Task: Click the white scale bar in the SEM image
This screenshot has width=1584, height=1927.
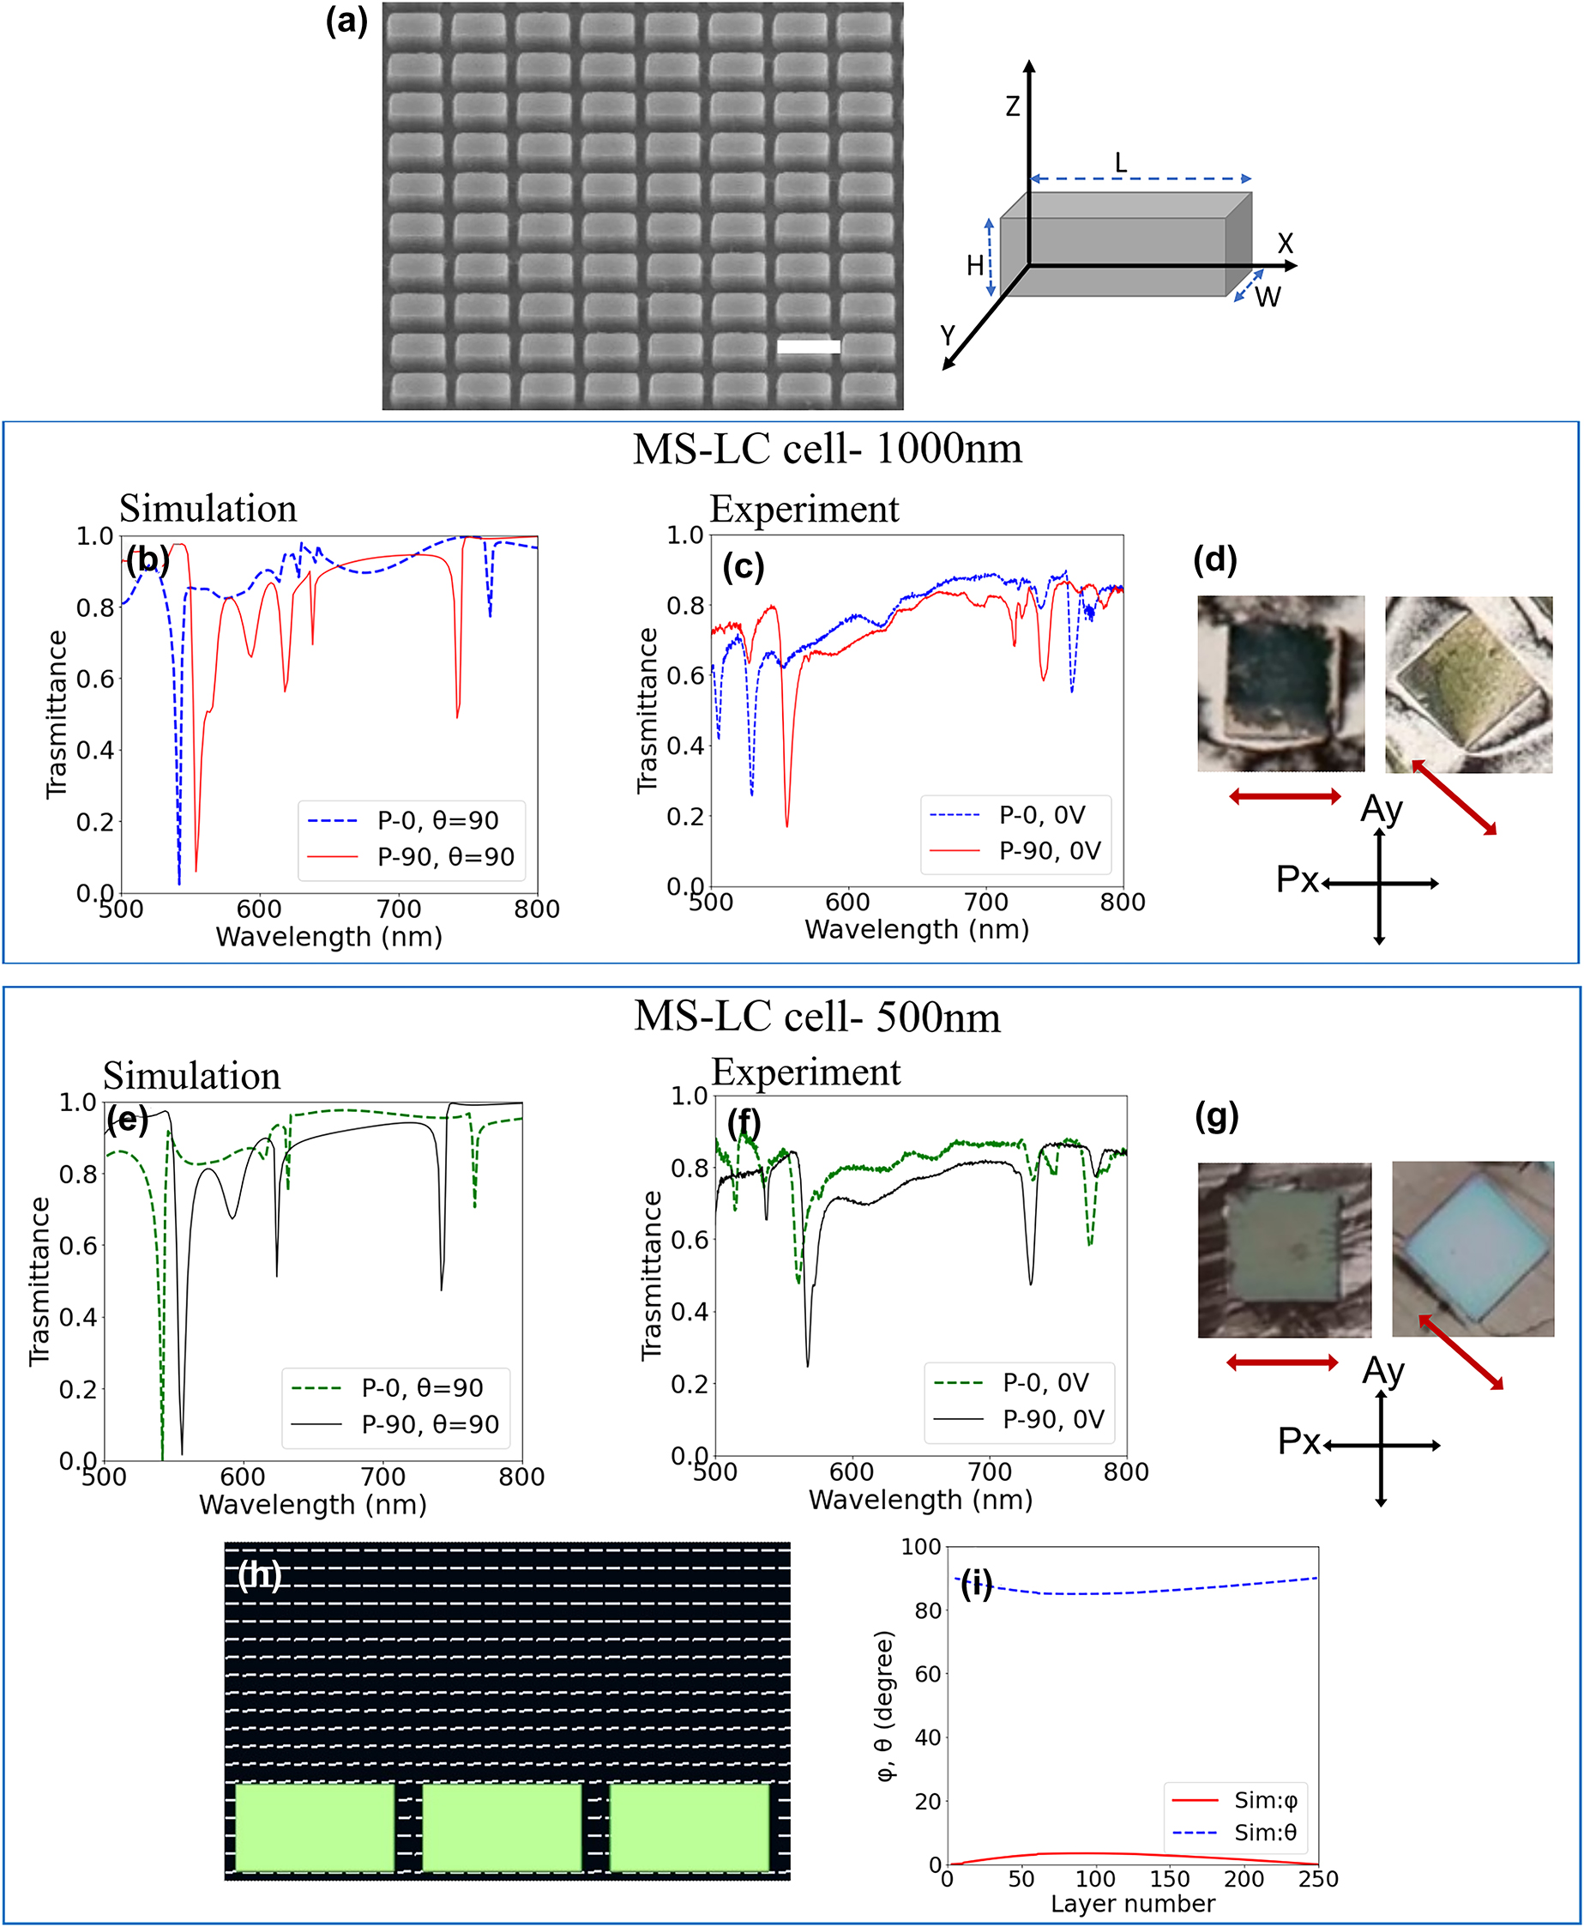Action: click(x=809, y=347)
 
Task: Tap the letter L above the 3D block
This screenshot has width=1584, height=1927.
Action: click(x=1121, y=163)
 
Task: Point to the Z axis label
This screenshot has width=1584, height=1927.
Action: click(x=1013, y=106)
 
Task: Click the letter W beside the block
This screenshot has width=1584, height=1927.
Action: click(x=1268, y=298)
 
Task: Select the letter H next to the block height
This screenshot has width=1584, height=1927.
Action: click(x=975, y=266)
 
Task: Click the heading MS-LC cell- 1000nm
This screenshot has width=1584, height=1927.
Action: click(x=827, y=449)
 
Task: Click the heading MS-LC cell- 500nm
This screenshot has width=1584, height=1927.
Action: click(x=816, y=1017)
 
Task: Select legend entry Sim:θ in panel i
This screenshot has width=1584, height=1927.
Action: click(x=1265, y=1832)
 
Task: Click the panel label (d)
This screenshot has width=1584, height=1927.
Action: click(x=1214, y=559)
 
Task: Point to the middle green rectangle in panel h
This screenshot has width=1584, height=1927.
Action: click(x=502, y=1827)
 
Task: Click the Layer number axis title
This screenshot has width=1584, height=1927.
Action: click(x=1132, y=1903)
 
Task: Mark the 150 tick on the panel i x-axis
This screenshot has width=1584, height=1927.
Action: click(x=1169, y=1879)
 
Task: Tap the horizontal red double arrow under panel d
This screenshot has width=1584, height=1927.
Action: click(x=1285, y=797)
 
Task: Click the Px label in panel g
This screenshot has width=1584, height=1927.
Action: click(x=1298, y=1441)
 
